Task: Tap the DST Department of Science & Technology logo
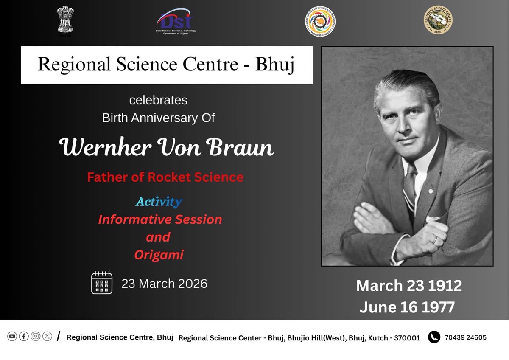pos(176,21)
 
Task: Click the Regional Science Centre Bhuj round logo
pos(439,20)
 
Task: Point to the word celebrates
pos(158,101)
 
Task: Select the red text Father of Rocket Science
pos(165,177)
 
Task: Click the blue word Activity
pos(159,202)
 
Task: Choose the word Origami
pos(159,255)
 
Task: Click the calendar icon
pos(102,283)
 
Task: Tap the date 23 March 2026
pos(164,283)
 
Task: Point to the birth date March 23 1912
pos(408,286)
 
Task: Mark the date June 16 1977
pos(407,307)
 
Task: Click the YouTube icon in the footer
pos(12,336)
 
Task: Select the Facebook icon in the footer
pos(24,336)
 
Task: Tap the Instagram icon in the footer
pos(36,336)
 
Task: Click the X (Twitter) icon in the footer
pos(47,336)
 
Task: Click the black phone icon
pos(434,337)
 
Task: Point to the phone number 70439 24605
pos(465,337)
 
